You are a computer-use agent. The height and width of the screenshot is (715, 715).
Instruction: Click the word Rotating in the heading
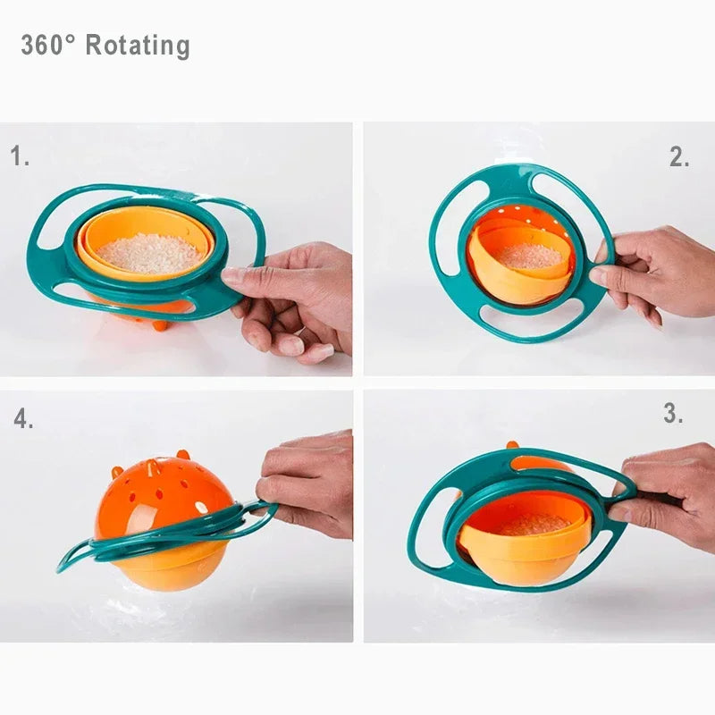click(138, 45)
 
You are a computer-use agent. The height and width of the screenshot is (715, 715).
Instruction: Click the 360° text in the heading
click(48, 45)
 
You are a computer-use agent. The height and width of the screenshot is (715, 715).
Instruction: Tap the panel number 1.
click(20, 157)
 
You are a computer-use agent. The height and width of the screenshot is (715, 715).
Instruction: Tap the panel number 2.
click(679, 157)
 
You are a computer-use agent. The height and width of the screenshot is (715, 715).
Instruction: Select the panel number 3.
click(674, 414)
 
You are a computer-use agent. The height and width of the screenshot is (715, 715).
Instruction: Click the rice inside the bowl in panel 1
click(149, 254)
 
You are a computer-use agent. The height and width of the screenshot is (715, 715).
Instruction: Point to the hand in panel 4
click(308, 483)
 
